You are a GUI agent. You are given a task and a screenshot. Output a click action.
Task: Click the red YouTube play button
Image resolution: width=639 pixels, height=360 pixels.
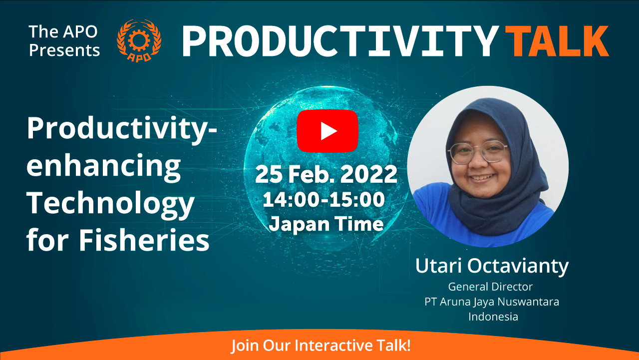tap(327, 131)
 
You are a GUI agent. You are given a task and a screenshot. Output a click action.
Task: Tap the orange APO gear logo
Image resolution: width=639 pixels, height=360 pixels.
tap(139, 40)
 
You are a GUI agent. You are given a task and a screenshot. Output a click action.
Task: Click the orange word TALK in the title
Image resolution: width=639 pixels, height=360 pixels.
tap(557, 41)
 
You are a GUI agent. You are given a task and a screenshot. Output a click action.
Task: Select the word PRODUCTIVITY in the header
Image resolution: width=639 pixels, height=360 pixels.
tap(340, 41)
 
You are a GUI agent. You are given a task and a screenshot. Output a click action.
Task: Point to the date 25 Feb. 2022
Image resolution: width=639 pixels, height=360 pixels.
tap(326, 174)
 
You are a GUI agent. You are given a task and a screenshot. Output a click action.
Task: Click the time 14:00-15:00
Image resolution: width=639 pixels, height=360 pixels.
tap(323, 199)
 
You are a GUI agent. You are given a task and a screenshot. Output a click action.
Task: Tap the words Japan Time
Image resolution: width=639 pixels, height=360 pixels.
tap(326, 224)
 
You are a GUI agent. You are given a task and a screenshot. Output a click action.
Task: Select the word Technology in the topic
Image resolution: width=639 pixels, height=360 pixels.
tap(110, 204)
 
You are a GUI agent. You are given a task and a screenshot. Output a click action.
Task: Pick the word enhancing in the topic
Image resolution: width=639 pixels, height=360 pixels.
tap(103, 167)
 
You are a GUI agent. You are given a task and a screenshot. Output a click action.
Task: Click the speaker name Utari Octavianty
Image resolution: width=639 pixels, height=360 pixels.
tap(492, 266)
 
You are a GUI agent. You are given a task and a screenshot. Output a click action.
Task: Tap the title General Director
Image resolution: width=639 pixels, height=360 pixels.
tap(490, 287)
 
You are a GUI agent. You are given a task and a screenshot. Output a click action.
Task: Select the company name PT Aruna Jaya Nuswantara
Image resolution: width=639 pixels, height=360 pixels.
tap(492, 302)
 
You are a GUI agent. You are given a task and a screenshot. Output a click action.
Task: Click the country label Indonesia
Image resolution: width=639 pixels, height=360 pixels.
tap(493, 317)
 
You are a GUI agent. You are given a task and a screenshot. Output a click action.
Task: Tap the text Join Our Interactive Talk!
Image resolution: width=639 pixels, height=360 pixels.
tap(320, 346)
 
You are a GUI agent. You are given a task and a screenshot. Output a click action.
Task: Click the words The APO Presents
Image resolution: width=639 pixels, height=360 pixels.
tap(64, 41)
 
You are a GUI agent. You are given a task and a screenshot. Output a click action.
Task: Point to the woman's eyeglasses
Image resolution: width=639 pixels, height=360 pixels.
tap(477, 153)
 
